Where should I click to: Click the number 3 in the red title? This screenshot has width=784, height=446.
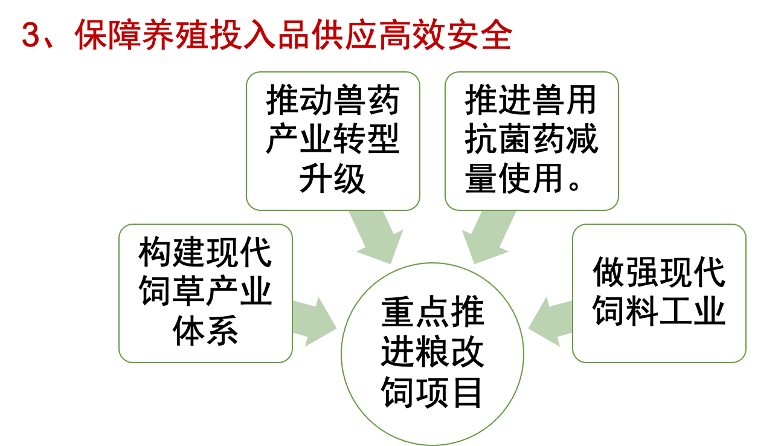(x=30, y=37)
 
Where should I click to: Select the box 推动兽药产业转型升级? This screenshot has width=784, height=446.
(x=333, y=141)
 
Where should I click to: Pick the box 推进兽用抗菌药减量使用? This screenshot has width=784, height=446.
(x=532, y=141)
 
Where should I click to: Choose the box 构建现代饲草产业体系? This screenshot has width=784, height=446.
(x=205, y=293)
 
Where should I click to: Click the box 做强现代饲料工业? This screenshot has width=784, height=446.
(x=659, y=293)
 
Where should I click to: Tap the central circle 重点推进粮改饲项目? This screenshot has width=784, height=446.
(x=432, y=354)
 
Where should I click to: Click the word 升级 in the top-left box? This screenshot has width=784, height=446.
(x=333, y=179)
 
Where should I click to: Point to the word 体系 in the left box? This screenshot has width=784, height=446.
(x=205, y=331)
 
